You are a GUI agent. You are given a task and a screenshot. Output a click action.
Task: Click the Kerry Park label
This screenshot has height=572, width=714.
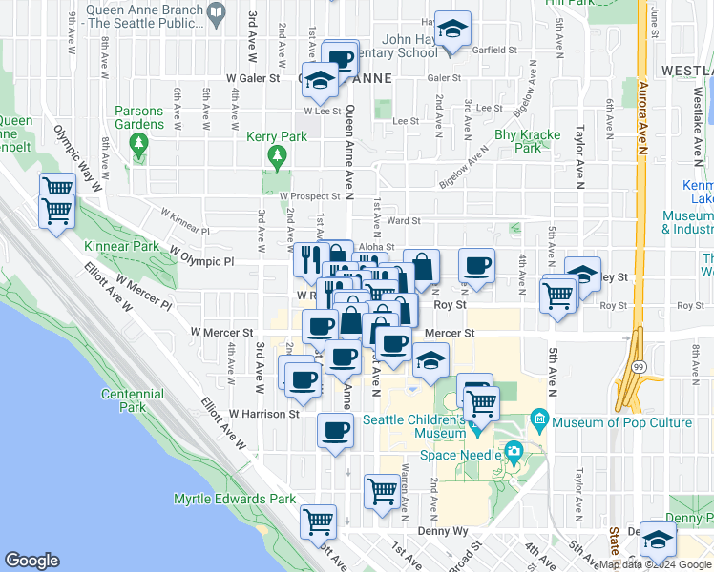point(277,136)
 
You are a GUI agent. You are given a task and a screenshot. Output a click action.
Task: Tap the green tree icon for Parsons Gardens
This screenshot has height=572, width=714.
point(139,144)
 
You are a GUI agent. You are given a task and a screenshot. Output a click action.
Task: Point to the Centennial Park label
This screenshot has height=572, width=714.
point(133,400)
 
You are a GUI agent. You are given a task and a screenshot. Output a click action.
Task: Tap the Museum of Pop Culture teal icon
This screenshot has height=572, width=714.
point(539,419)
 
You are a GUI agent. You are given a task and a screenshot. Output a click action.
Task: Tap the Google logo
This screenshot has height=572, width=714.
point(31,560)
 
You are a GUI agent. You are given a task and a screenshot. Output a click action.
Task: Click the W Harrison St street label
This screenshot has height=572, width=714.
point(264,414)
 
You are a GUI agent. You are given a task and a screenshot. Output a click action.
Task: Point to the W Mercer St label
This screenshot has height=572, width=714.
point(220,333)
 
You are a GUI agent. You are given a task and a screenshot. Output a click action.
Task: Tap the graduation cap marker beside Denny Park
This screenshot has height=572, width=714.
point(658,539)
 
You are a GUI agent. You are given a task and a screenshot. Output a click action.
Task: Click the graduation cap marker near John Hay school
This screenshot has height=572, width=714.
point(454,29)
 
